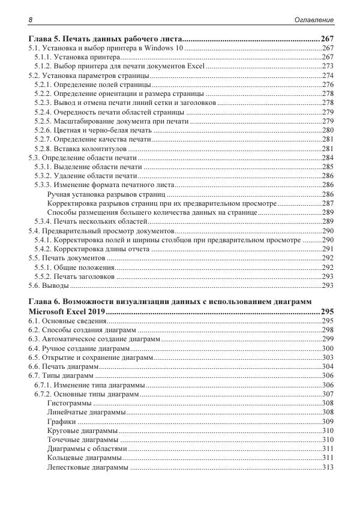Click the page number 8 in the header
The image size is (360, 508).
click(31, 20)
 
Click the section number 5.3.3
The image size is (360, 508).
click(42, 185)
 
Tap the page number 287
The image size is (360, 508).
click(328, 203)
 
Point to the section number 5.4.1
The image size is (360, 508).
click(42, 240)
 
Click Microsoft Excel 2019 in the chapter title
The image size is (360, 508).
click(67, 312)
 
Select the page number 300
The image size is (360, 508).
click(328, 348)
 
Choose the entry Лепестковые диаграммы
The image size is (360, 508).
click(87, 467)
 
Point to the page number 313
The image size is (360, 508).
click(328, 467)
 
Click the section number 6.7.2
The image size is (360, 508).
click(42, 394)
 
